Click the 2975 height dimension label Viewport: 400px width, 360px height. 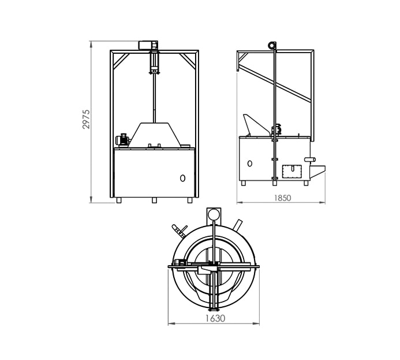[x=86, y=119]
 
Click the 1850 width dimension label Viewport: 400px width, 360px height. [x=282, y=198]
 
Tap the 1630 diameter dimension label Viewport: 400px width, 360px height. [x=215, y=318]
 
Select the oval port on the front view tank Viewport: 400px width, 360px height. [x=182, y=178]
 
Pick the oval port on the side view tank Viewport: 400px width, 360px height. [x=250, y=164]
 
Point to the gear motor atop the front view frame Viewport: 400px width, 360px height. [x=148, y=45]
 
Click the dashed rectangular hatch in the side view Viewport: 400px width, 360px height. [x=292, y=171]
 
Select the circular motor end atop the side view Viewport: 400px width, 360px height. [x=272, y=46]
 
